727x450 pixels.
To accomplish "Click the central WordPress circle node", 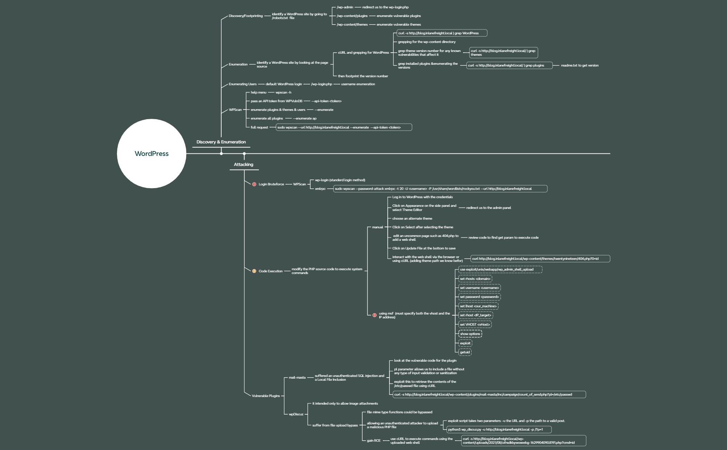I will (151, 153).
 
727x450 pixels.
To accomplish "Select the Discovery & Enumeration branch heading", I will (221, 142).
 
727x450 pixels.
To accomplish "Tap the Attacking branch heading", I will (243, 165).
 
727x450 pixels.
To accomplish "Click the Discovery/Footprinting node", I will (245, 16).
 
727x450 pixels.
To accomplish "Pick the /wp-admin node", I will (345, 7).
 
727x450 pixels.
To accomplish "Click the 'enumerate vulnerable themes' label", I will (398, 25).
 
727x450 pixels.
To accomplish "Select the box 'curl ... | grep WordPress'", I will (441, 33).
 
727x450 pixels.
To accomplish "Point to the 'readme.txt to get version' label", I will (580, 65).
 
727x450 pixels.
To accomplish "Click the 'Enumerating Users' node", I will (242, 84).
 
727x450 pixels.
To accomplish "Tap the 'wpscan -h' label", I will (283, 92).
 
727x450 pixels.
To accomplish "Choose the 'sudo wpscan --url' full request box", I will (343, 127).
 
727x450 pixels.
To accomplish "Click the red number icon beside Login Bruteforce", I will (254, 184).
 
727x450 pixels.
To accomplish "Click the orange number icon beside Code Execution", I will (254, 271).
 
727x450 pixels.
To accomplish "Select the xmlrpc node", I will (320, 189).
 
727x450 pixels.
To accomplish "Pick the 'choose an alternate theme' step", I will (412, 219).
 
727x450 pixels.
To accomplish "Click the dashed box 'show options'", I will (470, 334).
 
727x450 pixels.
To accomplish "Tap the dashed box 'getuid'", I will (465, 352).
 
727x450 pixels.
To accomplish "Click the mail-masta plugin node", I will (297, 378).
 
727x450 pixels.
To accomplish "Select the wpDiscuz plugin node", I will (296, 414).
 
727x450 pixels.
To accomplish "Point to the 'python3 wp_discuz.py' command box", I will (499, 430).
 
